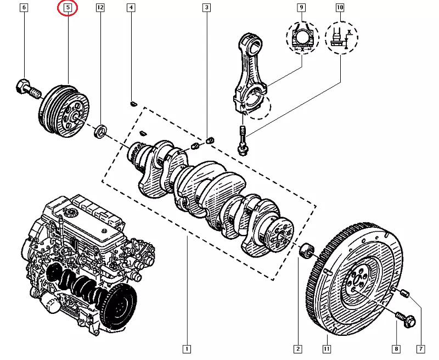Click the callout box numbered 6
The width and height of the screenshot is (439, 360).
(24, 8)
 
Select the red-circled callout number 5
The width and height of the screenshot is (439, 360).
(67, 8)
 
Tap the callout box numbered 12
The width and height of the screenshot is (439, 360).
(100, 8)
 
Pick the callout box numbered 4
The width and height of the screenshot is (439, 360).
(131, 8)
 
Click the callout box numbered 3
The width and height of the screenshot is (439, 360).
(206, 8)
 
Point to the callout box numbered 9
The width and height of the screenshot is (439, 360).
(301, 8)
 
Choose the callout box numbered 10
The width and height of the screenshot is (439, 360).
(340, 8)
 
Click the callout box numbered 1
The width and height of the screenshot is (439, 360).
(187, 348)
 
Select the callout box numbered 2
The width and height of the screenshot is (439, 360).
(297, 348)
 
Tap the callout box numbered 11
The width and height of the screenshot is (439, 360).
(327, 348)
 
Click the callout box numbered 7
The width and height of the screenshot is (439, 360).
(420, 348)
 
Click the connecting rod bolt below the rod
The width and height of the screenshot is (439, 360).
(243, 140)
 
